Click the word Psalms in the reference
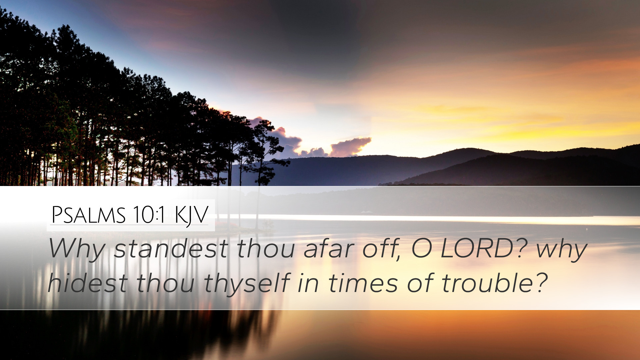(89, 215)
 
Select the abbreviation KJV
(192, 216)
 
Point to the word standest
(171, 249)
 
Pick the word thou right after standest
(266, 249)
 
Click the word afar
(329, 249)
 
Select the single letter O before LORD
(422, 249)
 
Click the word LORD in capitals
(477, 249)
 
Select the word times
(363, 283)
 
